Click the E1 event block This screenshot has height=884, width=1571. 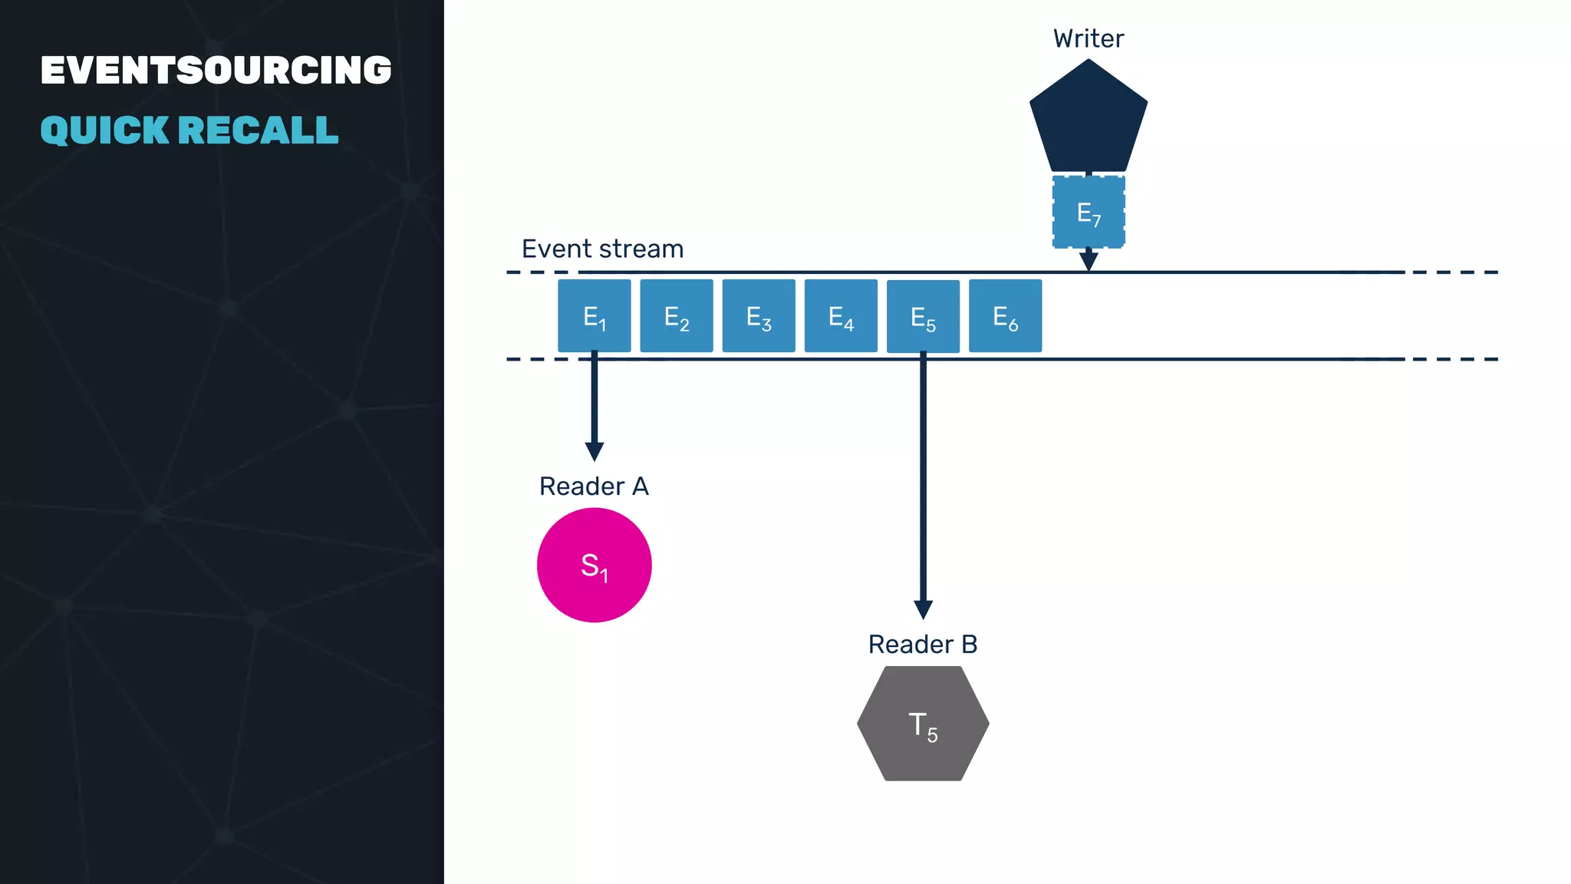594,315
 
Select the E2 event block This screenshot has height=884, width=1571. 677,315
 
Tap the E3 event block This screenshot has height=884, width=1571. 759,315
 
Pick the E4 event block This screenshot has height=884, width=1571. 841,315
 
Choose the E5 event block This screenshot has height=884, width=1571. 923,316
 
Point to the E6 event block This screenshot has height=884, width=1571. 1005,315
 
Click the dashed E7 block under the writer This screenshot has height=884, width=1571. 1089,212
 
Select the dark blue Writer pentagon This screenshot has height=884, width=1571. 1088,120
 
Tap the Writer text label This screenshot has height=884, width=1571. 1088,38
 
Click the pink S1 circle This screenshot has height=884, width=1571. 594,566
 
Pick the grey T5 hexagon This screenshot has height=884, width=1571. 923,724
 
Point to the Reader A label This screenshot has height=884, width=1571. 594,487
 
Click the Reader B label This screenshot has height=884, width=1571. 923,645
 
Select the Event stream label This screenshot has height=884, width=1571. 602,249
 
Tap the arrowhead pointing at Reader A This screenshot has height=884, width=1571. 594,451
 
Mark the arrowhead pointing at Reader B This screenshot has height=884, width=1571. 923,609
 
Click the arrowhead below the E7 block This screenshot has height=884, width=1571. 1089,261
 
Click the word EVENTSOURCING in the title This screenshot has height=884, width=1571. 216,70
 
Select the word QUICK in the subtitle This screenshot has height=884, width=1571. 104,130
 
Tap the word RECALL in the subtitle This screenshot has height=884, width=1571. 259,130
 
